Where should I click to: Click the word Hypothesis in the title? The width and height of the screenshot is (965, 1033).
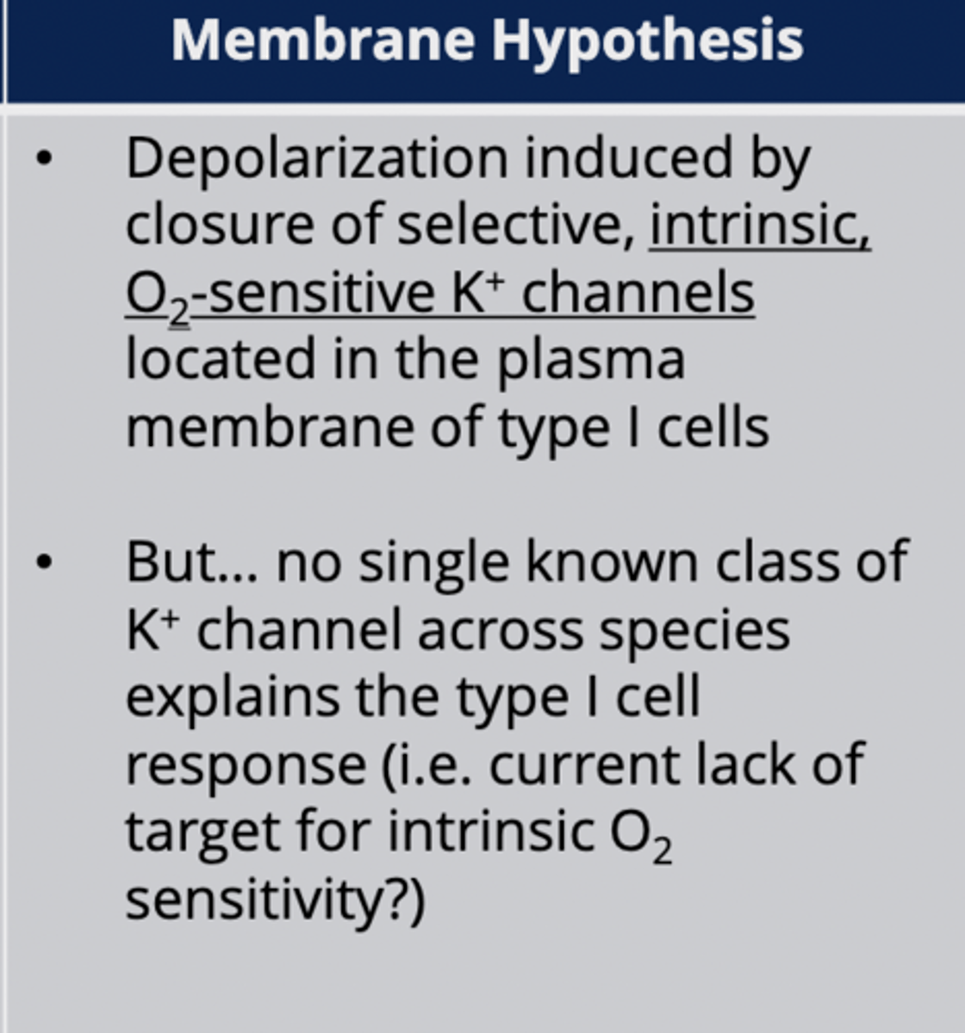click(x=647, y=41)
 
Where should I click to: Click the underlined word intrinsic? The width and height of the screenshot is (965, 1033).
click(x=759, y=225)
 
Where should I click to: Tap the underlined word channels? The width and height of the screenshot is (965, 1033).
click(x=638, y=293)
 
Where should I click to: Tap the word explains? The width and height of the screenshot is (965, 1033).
click(x=232, y=697)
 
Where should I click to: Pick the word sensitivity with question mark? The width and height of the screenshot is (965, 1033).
click(x=275, y=900)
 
